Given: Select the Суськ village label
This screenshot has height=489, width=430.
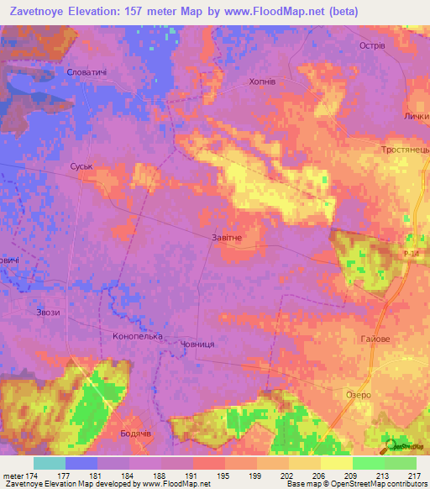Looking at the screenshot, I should pos(81,167).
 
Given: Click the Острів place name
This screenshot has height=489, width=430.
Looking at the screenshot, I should pos(371,46).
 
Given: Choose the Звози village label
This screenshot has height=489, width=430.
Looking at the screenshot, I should pos(48,313).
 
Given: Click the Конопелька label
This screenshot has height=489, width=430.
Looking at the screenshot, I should pos(137,336).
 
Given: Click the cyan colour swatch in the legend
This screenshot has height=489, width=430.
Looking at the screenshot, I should pos(49,463).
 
